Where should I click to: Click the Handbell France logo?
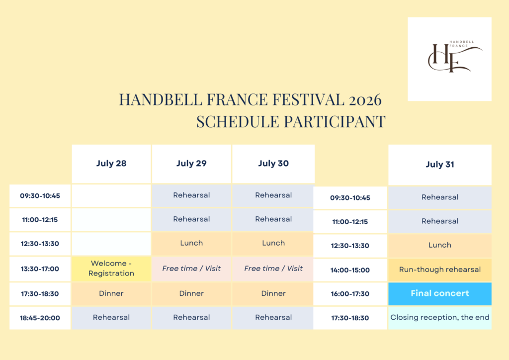click(449, 59)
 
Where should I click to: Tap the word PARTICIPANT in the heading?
click(338, 122)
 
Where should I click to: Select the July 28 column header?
click(111, 164)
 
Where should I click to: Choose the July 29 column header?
click(191, 164)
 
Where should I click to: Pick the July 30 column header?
click(273, 164)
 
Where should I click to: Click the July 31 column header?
click(439, 165)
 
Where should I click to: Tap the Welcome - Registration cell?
click(111, 269)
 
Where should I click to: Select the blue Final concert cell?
click(439, 293)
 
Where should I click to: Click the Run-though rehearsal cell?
click(439, 270)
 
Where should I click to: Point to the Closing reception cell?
click(439, 317)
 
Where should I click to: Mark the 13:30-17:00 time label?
click(40, 269)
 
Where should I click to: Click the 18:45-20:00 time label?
click(40, 318)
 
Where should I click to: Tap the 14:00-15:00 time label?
click(350, 270)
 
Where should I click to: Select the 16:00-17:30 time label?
click(350, 294)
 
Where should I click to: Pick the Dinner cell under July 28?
click(111, 293)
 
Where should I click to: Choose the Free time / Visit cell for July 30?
click(273, 269)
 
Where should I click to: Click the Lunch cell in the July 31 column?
click(439, 245)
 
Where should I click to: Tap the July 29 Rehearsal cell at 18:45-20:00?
click(191, 317)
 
